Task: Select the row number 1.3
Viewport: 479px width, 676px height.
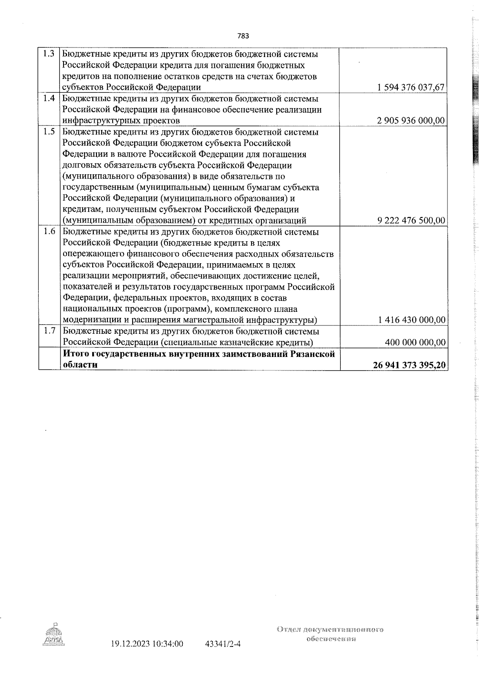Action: pos(49,54)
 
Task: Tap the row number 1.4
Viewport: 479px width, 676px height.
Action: pos(49,99)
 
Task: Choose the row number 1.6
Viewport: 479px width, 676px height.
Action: pos(49,232)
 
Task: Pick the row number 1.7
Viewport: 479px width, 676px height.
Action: pos(49,331)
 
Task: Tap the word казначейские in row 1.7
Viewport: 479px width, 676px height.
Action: pos(243,343)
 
